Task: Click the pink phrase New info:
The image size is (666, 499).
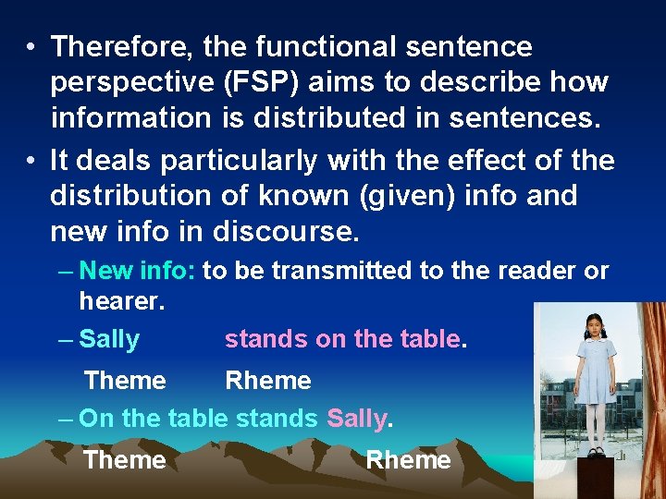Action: click(137, 271)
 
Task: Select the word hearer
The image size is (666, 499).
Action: click(122, 299)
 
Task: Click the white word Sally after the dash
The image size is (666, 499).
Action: click(109, 339)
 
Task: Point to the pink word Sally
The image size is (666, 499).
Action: click(357, 419)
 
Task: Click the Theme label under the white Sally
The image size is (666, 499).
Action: click(125, 380)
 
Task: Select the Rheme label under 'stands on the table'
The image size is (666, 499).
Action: click(268, 380)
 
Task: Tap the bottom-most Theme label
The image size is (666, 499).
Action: click(125, 459)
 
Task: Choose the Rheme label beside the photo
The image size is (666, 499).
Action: click(409, 459)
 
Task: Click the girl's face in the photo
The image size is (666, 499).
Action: click(592, 324)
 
